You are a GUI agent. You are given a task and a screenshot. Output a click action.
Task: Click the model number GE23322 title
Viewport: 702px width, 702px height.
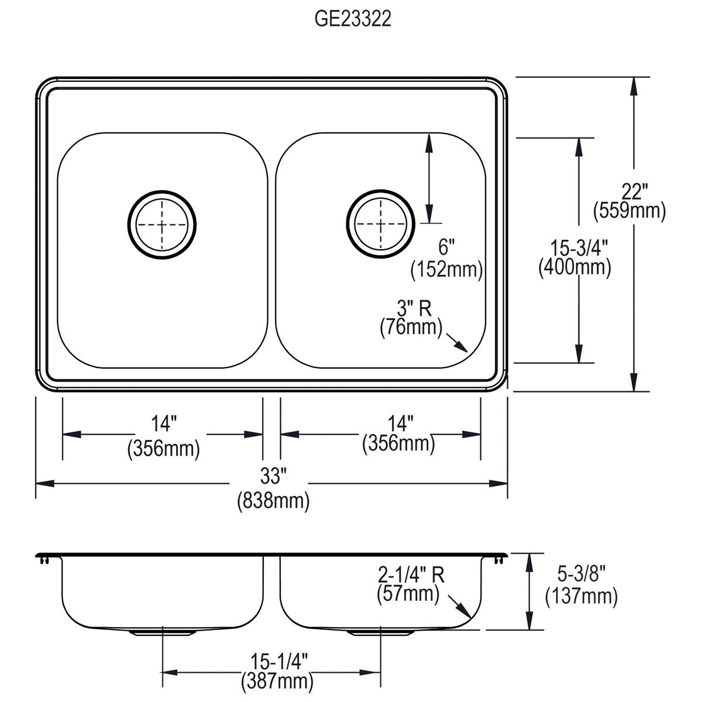353,20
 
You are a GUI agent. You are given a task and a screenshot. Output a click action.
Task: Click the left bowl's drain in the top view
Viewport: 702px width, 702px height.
162,225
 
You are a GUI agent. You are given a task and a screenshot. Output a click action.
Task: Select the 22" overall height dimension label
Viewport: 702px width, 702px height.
629,192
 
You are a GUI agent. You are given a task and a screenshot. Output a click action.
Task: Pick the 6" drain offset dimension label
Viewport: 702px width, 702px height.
446,248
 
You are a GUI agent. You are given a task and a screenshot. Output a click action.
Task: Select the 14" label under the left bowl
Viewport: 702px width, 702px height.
163,422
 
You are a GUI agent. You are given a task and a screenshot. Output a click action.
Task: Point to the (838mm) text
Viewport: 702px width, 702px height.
273,501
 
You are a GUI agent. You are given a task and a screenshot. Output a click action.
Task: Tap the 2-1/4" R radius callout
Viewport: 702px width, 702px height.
411,575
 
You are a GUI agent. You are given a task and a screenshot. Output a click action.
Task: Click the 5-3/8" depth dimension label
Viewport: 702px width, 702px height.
581,573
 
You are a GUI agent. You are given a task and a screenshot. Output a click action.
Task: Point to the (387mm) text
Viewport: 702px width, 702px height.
277,681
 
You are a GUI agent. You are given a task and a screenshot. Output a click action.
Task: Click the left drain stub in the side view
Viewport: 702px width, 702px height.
162,632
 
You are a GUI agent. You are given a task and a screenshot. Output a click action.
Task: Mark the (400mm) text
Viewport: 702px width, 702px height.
574,267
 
